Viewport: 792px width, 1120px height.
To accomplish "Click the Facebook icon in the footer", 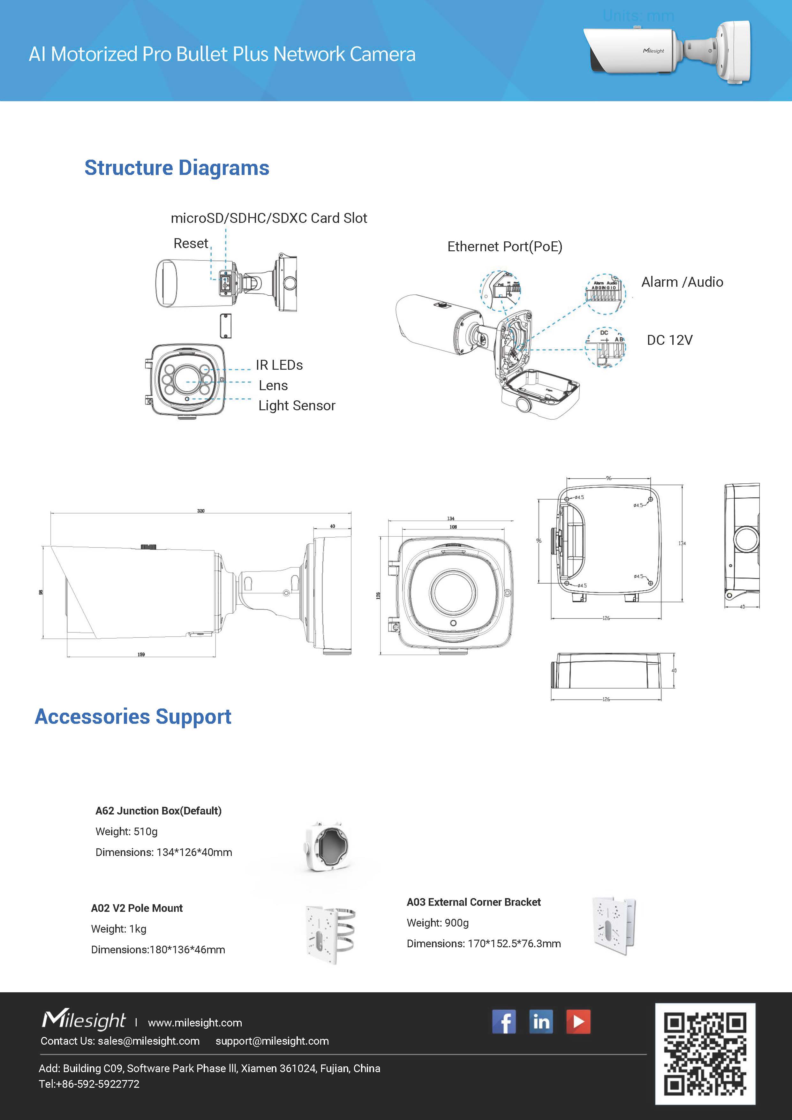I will coord(504,1021).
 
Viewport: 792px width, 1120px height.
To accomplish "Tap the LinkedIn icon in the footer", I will coord(541,1021).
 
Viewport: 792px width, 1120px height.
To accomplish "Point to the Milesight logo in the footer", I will coord(84,1020).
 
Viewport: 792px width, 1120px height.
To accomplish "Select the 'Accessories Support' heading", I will coord(133,716).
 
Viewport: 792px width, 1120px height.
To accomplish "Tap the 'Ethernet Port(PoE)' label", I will coord(505,246).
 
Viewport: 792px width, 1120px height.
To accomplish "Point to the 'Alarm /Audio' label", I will coord(682,282).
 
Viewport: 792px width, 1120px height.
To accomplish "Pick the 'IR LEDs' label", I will coord(279,365).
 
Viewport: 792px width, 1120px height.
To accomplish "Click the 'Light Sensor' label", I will coord(297,405).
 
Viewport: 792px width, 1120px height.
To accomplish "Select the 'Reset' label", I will coord(191,243).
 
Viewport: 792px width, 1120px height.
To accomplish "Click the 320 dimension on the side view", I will coord(201,511).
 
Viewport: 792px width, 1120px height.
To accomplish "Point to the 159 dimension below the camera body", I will coord(141,654).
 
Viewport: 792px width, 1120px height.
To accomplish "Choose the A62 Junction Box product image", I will coord(327,846).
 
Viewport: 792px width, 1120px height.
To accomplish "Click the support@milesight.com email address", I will coord(272,1041).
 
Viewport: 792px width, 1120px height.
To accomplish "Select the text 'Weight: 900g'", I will coord(437,922).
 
